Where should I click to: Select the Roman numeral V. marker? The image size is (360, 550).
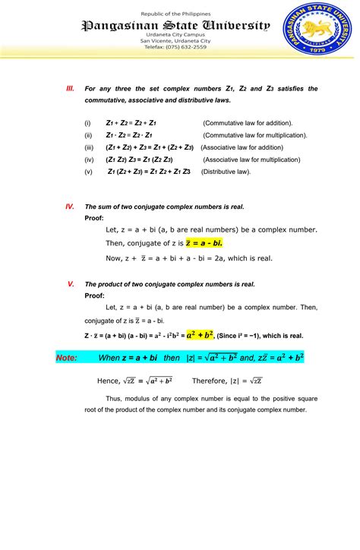(70, 283)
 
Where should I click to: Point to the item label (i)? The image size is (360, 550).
(87, 122)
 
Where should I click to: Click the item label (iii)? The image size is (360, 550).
(89, 147)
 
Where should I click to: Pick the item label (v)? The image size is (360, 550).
(88, 172)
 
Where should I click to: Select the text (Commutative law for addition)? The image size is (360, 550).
(248, 122)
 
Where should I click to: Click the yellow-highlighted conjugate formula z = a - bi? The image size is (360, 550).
(204, 243)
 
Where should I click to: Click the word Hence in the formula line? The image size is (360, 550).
(108, 381)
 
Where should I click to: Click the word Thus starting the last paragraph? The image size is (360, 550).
(114, 398)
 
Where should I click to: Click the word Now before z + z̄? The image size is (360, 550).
(114, 258)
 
